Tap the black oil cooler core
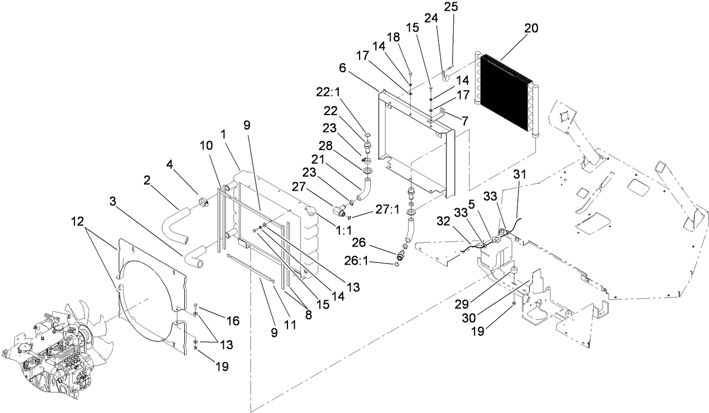(504, 96)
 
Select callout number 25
(451, 7)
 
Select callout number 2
(147, 180)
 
